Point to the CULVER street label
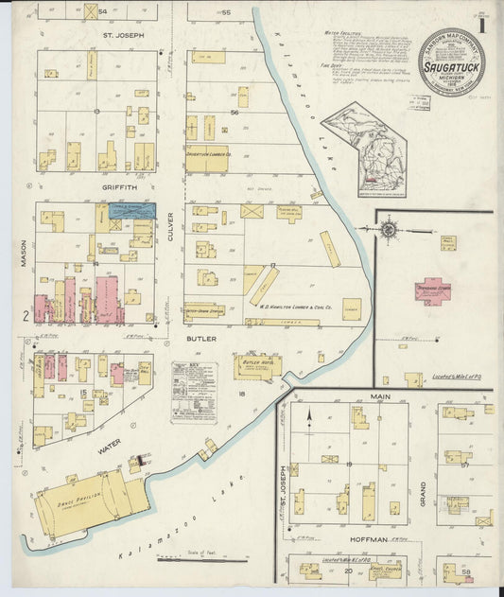tap(171, 226)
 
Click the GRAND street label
tap(423, 493)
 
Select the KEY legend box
tap(193, 391)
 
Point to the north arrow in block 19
tap(310, 415)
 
